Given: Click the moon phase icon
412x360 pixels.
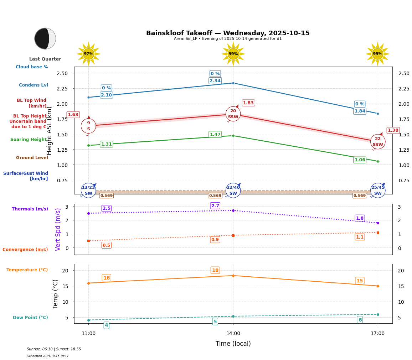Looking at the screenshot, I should tap(45, 38).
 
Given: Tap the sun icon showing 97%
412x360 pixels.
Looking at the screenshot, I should tap(88, 54).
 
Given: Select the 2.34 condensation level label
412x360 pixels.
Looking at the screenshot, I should tap(215, 81).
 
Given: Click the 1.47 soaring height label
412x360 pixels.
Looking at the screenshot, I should tap(215, 135).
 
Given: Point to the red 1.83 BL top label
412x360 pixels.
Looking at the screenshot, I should tap(248, 103).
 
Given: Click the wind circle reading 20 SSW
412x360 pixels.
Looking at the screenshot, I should tap(233, 114).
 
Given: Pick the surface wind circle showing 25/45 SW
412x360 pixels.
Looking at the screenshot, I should tap(378, 191).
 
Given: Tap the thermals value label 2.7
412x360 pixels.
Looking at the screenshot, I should tap(215, 206).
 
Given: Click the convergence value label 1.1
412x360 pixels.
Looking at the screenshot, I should tap(360, 237).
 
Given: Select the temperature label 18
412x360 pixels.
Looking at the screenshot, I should tap(215, 270).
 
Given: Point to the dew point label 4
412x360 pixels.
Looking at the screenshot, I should tap(106, 325).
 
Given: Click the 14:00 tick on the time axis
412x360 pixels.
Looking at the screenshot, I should tap(233, 334).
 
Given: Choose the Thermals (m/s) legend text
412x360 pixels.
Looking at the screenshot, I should tap(30, 209).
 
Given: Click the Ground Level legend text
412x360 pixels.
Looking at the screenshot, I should tap(32, 158).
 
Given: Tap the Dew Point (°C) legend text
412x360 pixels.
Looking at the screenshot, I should tap(30, 318).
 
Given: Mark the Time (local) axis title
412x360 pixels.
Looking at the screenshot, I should tap(233, 344).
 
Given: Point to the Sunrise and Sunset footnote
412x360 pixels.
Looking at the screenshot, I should tap(54, 349).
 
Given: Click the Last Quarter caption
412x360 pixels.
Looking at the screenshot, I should tap(45, 59).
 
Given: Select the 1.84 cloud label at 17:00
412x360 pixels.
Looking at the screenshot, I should tap(360, 111).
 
